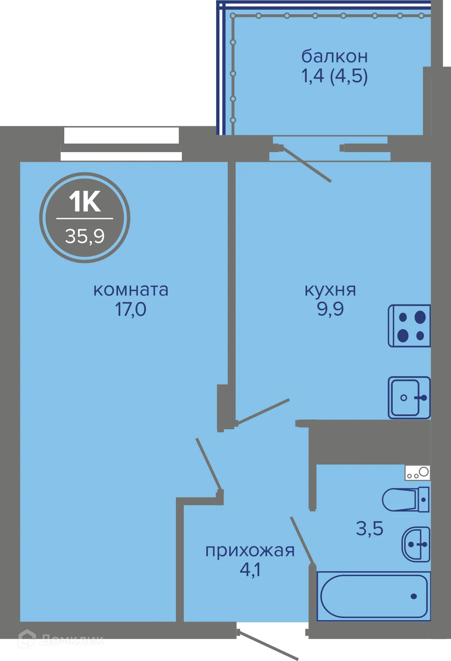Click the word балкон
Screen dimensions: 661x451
pyautogui.click(x=334, y=56)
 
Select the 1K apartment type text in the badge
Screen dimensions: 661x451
pyautogui.click(x=85, y=202)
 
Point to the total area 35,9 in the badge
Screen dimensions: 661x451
pyautogui.click(x=85, y=236)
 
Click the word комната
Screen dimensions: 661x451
pyautogui.click(x=131, y=290)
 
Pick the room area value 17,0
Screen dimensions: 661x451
pyautogui.click(x=130, y=309)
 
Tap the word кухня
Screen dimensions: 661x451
pyautogui.click(x=330, y=290)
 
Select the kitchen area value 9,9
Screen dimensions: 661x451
pyautogui.click(x=330, y=309)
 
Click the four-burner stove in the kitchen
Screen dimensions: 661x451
pyautogui.click(x=409, y=326)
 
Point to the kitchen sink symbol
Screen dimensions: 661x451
pyautogui.click(x=409, y=398)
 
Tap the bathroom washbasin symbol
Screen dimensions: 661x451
pyautogui.click(x=416, y=544)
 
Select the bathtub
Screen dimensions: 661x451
pyautogui.click(x=374, y=596)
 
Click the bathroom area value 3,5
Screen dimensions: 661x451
pyautogui.click(x=369, y=528)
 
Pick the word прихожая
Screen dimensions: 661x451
pyautogui.click(x=250, y=551)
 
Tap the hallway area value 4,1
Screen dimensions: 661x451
pyautogui.click(x=250, y=570)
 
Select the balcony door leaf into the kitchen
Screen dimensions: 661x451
pyautogui.click(x=306, y=164)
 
